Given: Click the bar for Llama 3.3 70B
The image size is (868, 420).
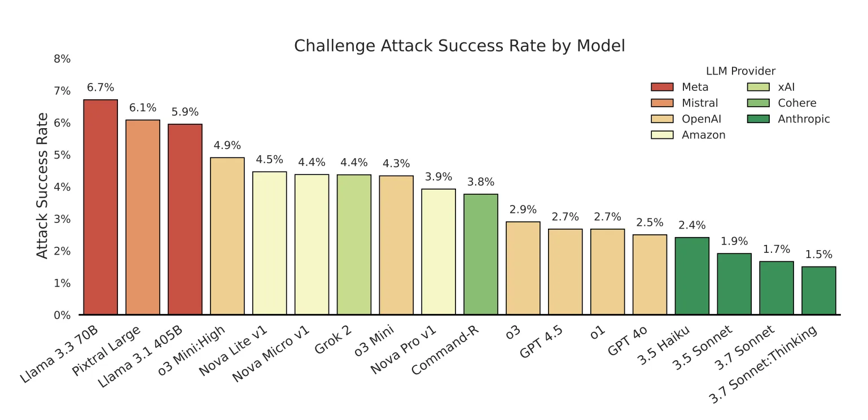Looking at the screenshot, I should (100, 207).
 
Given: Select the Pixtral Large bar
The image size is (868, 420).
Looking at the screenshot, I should (143, 217).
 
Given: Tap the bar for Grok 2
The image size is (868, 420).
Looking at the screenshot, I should (354, 244).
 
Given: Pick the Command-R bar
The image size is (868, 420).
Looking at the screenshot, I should (481, 254).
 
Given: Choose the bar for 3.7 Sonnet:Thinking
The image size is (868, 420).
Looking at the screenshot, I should (818, 290).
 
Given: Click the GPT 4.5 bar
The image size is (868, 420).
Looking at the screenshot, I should (565, 272).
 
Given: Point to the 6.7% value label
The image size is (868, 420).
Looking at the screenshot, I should (100, 88).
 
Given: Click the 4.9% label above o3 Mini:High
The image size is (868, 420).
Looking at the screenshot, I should (227, 145).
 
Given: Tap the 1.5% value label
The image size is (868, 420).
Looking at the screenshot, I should (818, 255).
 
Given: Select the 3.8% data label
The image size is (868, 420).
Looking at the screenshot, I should (481, 182).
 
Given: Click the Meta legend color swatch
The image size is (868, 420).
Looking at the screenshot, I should (662, 87).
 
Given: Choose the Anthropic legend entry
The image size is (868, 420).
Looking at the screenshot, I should (804, 119).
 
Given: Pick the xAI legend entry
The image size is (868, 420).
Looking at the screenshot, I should (786, 87).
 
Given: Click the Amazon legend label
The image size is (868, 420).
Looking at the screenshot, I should (703, 135).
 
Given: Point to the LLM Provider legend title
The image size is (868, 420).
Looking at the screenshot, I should (740, 71).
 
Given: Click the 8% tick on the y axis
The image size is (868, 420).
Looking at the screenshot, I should (62, 59).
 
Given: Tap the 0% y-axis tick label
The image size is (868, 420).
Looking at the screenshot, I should (62, 315).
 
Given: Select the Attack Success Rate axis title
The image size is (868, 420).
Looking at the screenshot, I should (42, 186).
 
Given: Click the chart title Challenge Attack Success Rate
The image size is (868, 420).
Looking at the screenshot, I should (459, 46).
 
